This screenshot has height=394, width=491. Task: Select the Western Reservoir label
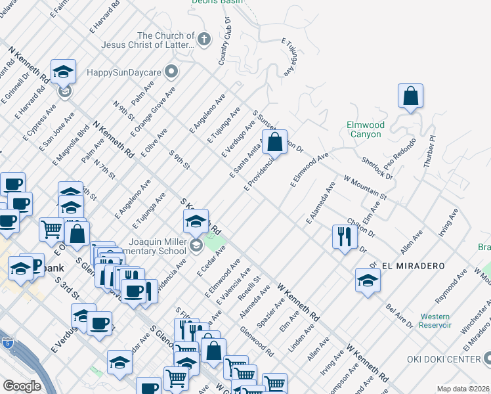click(436, 320)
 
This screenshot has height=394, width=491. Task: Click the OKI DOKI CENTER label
click(450, 359)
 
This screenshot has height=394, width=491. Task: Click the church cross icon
click(203, 40)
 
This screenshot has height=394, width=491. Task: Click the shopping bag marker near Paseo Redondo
click(410, 97)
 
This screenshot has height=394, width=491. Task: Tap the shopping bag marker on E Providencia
click(274, 142)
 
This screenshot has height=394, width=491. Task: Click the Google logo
click(22, 386)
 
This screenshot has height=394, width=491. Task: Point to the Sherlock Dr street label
click(377, 167)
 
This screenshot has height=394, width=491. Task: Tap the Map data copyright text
click(463, 389)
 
